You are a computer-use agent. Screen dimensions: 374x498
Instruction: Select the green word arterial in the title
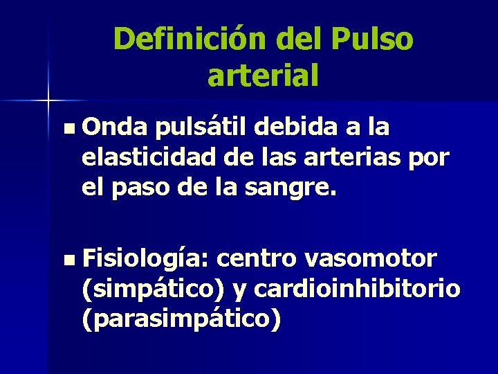click(x=263, y=75)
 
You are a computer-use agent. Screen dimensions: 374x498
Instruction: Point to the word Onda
click(x=116, y=127)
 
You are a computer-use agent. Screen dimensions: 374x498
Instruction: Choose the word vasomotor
click(x=370, y=259)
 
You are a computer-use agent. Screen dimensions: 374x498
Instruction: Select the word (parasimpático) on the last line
click(x=181, y=320)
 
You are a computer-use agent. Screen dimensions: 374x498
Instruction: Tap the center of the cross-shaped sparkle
click(x=48, y=101)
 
